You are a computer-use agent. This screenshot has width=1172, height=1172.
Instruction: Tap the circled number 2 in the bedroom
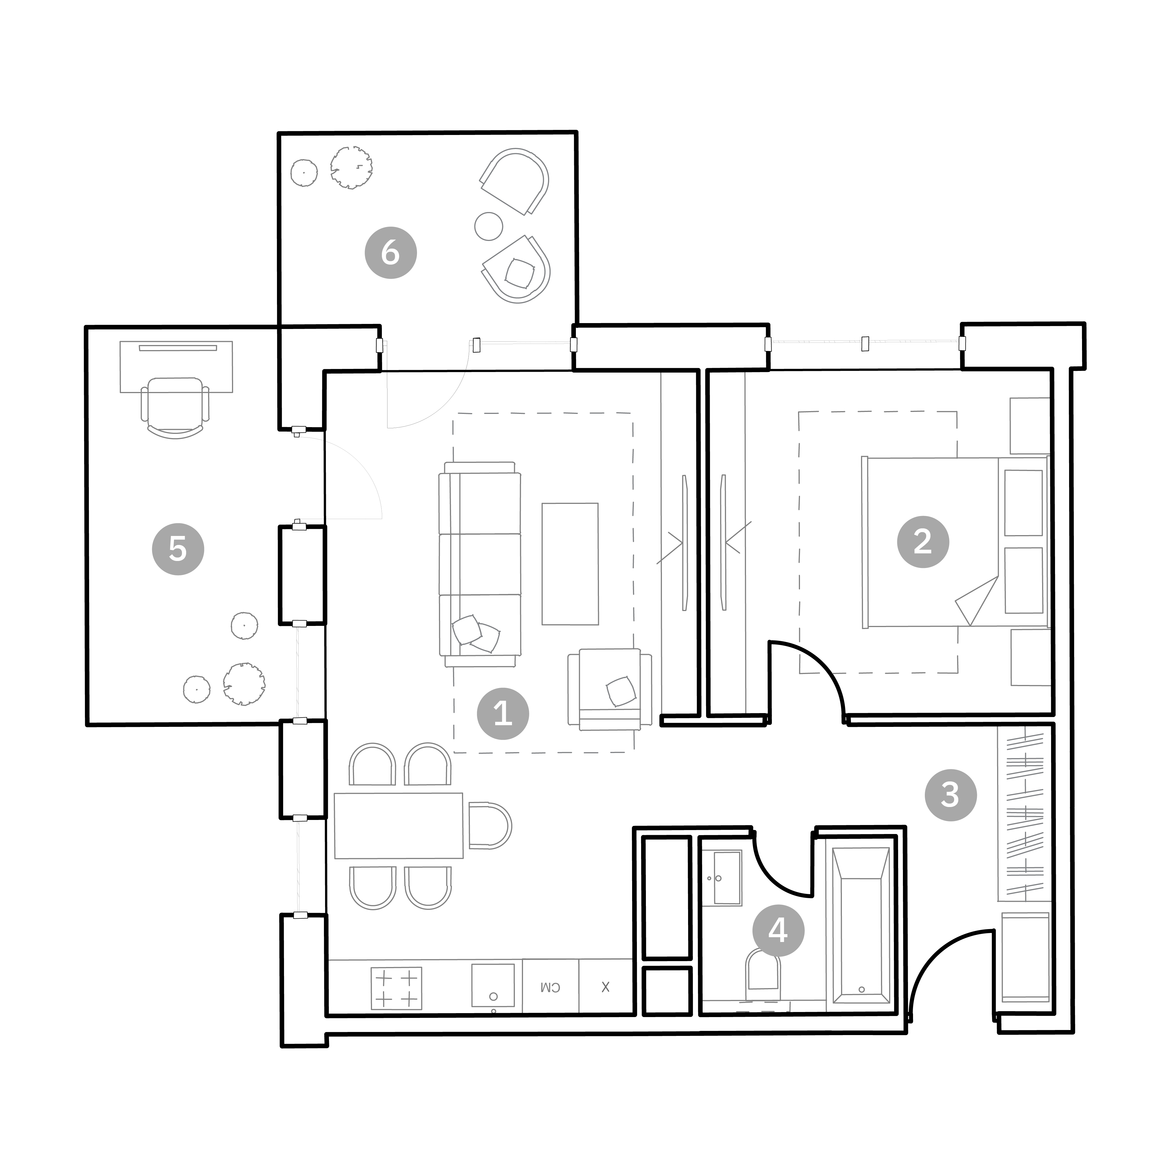pyautogui.click(x=923, y=542)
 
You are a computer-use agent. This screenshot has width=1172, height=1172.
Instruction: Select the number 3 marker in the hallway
pyautogui.click(x=951, y=795)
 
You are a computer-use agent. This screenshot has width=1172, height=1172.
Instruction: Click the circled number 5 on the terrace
pyautogui.click(x=178, y=549)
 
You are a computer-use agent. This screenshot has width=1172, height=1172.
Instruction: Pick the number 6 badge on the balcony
pyautogui.click(x=391, y=252)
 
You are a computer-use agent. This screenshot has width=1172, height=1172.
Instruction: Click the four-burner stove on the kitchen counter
pyautogui.click(x=396, y=988)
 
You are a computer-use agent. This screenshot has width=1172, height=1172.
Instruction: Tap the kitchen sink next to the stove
pyautogui.click(x=493, y=985)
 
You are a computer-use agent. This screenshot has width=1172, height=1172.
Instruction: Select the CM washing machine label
pyautogui.click(x=550, y=988)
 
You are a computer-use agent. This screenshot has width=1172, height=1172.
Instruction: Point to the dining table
pyautogui.click(x=398, y=826)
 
